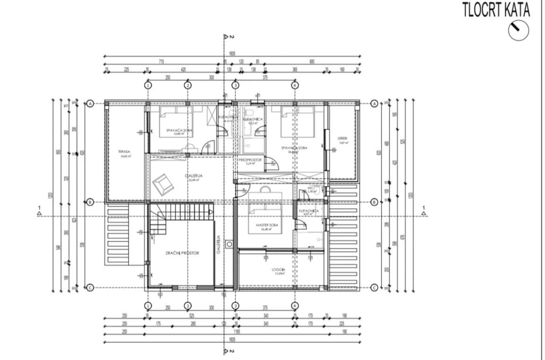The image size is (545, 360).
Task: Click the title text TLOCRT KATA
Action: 496,10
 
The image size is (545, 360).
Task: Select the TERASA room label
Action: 125,152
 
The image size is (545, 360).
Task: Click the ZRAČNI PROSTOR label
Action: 182,253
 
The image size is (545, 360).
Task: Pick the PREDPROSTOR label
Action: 250,160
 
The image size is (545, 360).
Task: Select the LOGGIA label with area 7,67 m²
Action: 343,139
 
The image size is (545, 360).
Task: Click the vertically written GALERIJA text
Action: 219,245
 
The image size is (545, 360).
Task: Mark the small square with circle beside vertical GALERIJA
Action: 229,244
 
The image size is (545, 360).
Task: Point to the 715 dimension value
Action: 161,61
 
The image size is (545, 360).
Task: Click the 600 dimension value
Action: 311,61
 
